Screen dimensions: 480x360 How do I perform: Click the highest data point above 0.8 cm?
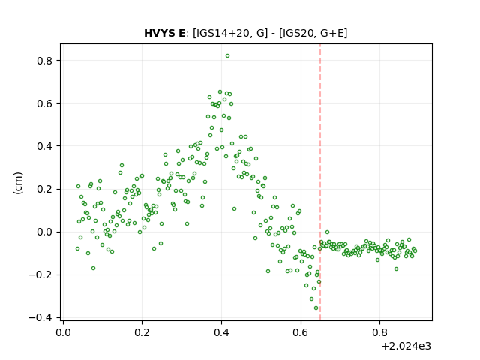tap(227, 56)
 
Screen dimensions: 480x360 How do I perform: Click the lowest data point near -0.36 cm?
tap(316, 308)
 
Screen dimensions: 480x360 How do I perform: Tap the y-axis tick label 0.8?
tap(45, 61)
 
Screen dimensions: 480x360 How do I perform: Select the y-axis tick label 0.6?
tap(45, 103)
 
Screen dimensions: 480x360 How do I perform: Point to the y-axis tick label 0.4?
tap(45, 146)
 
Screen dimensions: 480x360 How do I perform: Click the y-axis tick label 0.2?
tap(45, 189)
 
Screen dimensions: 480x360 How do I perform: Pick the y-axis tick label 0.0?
tap(45, 232)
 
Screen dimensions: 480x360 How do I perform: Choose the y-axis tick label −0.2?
tap(40, 275)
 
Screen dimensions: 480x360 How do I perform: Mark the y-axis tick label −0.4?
tap(40, 318)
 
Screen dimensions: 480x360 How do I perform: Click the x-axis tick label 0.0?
tap(63, 332)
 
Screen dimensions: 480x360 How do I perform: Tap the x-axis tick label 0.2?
tap(142, 332)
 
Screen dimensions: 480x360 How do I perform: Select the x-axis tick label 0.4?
tap(221, 332)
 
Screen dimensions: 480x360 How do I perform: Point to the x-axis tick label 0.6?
tap(301, 332)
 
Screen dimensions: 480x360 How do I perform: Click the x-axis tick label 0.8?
tap(379, 332)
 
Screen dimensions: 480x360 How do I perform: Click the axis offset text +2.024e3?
tap(406, 346)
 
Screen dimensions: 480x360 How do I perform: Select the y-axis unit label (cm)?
tap(18, 183)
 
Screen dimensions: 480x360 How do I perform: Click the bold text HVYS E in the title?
tap(164, 33)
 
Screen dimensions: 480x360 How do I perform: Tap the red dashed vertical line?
tap(320, 182)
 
